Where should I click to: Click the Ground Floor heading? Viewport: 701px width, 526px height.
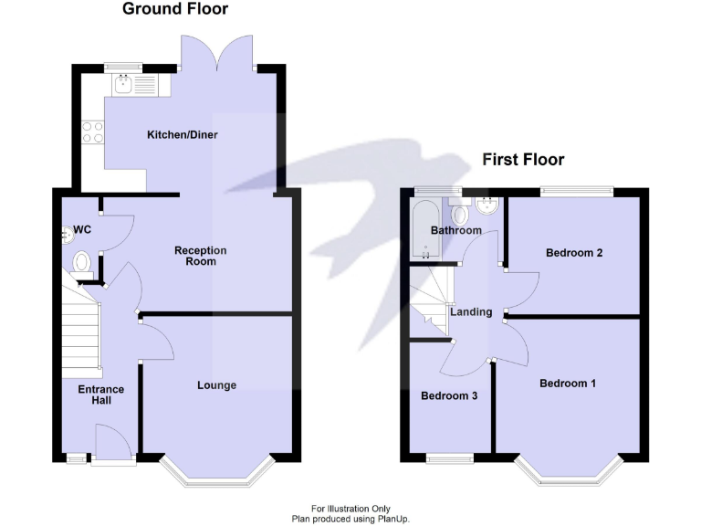pos(175,10)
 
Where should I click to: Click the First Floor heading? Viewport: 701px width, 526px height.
pos(523,160)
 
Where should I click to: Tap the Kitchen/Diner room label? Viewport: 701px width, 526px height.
pos(183,135)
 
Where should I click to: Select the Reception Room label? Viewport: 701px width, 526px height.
pos(201,256)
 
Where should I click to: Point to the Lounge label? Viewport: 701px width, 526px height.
pos(216,385)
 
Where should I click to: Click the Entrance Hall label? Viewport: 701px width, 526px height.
pos(100,395)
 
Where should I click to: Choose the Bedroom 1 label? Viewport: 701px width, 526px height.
pos(568,384)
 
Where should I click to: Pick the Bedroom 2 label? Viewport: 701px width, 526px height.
pos(573,253)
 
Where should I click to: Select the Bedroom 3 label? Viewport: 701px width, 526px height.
pos(448,397)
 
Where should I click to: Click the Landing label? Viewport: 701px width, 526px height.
pos(471,312)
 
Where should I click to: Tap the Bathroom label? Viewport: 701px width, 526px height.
pos(455,230)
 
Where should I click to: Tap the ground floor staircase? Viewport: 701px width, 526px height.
pos(80,329)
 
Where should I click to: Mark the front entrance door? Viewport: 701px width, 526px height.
pos(111,447)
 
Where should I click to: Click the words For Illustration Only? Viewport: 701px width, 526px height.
pos(350,509)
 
